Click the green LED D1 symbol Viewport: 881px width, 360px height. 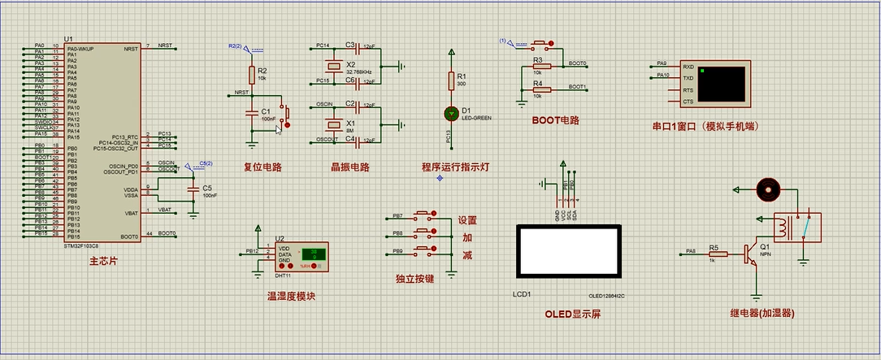pos(451,113)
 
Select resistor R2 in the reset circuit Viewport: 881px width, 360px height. pos(252,75)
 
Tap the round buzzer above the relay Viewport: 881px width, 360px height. pos(766,189)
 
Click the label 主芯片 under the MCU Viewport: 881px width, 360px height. pos(103,262)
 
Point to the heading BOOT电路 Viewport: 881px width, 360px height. pos(555,120)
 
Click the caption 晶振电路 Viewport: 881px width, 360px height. pos(349,167)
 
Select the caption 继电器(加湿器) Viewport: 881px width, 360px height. pos(762,313)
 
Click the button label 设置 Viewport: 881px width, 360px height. pos(467,220)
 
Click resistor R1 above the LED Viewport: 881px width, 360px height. pos(451,80)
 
